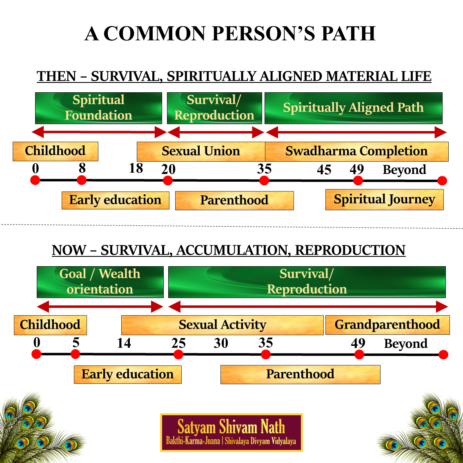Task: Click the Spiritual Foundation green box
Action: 98,108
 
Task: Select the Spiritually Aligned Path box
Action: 353,108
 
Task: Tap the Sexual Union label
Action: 200,151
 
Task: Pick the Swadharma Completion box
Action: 356,151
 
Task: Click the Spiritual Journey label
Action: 384,199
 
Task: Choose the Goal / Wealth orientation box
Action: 100,282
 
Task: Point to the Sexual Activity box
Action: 223,325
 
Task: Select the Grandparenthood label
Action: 387,325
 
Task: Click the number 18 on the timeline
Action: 136,168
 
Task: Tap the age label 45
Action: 324,170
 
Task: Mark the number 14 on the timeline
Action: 124,343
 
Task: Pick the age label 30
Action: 221,343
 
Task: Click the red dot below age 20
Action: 167,180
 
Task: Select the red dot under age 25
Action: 178,354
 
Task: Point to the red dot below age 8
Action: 82,180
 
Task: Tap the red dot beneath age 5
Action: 76,354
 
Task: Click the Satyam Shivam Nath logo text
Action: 231,427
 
